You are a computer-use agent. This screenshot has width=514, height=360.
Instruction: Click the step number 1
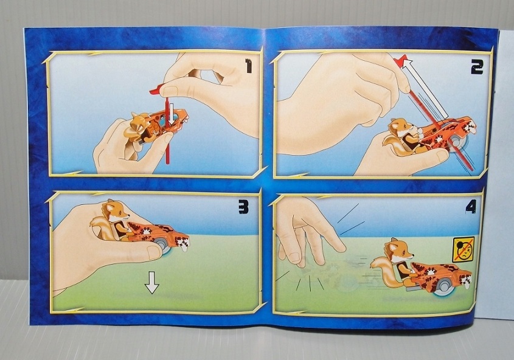coord(249,66)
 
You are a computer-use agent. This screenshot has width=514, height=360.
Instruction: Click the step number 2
coord(477,67)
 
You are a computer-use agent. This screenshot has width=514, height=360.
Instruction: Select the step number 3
coord(243,207)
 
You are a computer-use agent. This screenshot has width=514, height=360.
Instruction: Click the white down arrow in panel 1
coord(172,118)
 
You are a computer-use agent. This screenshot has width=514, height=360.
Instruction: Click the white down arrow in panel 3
coord(152,282)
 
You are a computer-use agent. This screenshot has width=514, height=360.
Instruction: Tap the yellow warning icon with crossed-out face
coord(464,249)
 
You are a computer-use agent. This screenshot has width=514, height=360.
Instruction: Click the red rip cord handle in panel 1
coord(157,89)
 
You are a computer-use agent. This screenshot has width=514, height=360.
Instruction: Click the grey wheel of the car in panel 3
coord(163,245)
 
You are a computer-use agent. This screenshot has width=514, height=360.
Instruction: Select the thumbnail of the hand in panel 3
coord(154,252)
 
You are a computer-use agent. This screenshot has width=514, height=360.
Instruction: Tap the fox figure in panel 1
coord(141,128)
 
